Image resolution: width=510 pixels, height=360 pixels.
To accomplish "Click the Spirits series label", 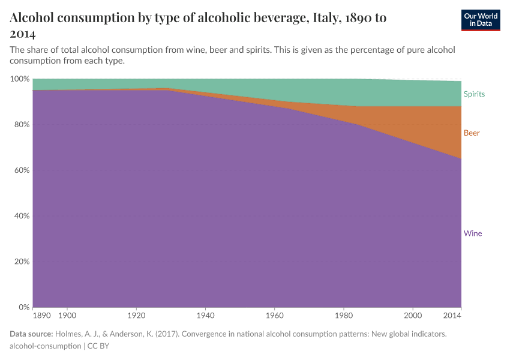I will [474, 94].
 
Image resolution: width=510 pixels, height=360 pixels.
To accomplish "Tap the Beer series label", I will [472, 133].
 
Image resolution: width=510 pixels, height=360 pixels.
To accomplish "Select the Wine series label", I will [473, 233].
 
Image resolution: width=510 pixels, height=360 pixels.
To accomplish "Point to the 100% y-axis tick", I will [20, 79].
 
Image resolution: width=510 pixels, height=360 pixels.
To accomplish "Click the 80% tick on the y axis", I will [21, 125].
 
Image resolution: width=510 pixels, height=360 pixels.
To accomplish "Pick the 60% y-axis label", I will [21, 170].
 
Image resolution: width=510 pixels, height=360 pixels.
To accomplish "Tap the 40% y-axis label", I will [21, 216].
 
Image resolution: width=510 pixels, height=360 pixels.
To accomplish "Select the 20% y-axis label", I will [21, 262].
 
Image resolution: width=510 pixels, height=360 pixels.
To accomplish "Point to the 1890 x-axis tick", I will [41, 315].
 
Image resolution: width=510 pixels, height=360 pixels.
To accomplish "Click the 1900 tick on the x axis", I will [67, 315].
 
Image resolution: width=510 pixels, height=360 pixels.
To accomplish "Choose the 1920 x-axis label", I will [136, 315].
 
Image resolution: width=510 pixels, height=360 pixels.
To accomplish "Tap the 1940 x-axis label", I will [205, 315].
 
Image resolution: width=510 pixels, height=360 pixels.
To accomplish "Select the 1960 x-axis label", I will [274, 315].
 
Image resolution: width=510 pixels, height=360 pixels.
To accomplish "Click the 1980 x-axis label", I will [344, 315].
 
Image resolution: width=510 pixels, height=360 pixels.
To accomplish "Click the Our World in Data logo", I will [481, 19].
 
